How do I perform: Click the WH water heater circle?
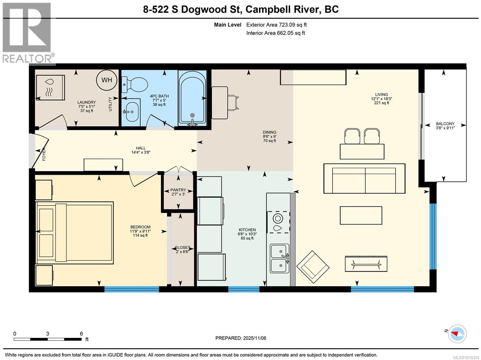(x=107, y=80)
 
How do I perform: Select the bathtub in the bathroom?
(x=192, y=98)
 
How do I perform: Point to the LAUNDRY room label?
(x=87, y=102)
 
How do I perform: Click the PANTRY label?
(x=178, y=190)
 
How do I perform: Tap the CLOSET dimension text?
(x=182, y=252)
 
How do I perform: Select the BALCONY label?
(x=445, y=124)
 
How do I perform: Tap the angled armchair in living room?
(x=313, y=267)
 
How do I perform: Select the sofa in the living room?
(x=364, y=178)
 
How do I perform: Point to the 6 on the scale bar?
(x=81, y=334)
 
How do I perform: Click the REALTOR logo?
(x=28, y=33)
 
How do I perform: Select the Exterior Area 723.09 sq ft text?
(x=276, y=25)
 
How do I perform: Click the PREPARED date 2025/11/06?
(x=241, y=338)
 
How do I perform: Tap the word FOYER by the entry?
(x=44, y=154)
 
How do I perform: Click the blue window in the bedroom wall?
(x=131, y=289)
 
